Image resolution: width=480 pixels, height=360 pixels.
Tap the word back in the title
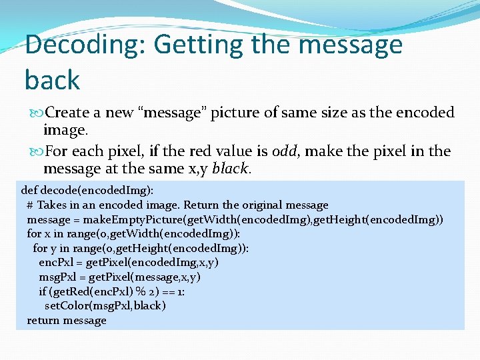coord(52,80)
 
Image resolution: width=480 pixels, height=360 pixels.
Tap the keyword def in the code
coord(30,190)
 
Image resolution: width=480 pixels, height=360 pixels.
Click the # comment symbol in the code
coord(31,205)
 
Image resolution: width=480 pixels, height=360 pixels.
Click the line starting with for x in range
coord(133,234)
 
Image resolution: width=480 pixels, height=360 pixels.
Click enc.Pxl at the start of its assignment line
coord(54,263)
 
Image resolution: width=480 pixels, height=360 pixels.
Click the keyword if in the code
coord(42,291)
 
